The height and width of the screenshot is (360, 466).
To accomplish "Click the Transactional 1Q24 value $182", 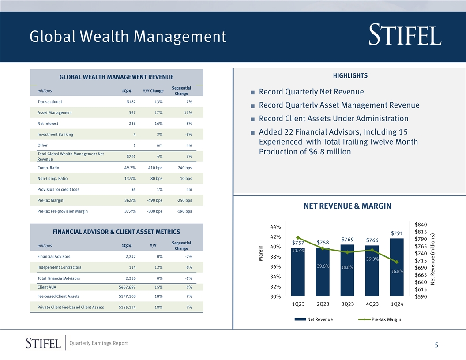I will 131,102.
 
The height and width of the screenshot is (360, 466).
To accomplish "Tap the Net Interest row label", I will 48,124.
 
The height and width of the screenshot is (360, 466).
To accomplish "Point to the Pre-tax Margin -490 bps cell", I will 154,200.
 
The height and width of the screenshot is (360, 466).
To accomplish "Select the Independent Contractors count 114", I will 131,267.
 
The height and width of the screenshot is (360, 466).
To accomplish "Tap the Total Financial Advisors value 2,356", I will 129,278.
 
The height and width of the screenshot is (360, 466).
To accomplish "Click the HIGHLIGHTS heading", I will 349,76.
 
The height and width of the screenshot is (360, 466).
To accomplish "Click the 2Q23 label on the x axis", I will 323,304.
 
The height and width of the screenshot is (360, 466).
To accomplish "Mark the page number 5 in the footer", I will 436,345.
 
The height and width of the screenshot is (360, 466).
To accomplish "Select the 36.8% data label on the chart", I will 397,271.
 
